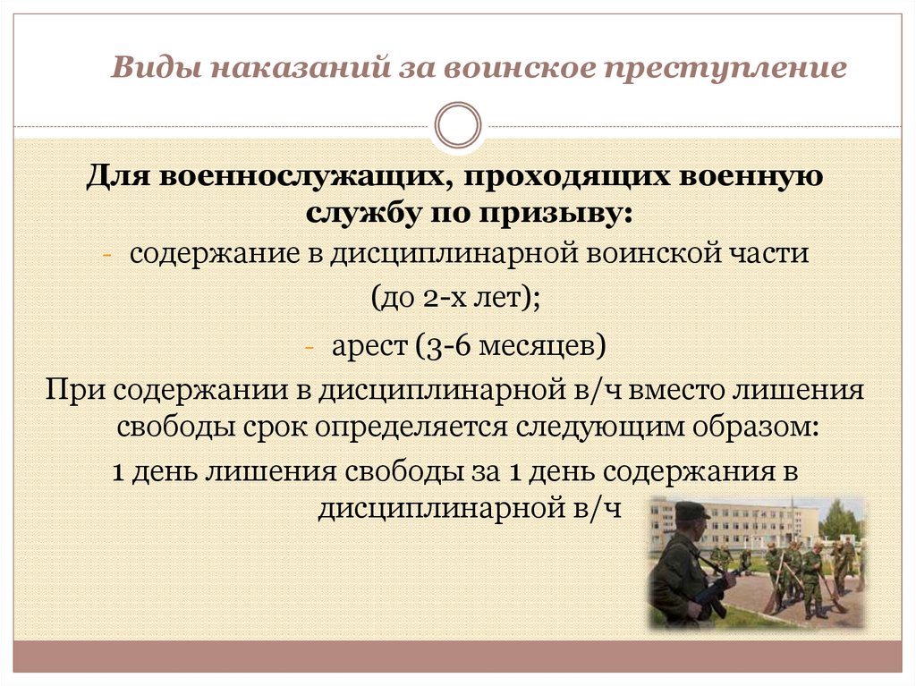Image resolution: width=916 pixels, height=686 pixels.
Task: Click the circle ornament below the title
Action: coord(457,125)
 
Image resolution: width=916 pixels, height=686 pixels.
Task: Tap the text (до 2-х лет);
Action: coord(456,299)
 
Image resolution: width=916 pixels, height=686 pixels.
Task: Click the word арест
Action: coord(370,344)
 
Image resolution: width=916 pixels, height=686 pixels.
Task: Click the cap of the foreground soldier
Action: coord(691,510)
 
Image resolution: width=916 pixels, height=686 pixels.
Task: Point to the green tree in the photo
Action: coord(840,519)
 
